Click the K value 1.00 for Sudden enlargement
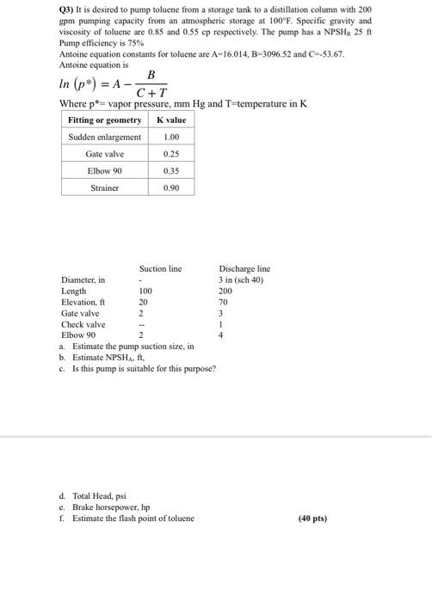click(x=170, y=138)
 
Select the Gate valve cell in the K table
click(x=105, y=154)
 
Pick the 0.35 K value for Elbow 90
click(x=170, y=170)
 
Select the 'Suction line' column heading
click(x=160, y=269)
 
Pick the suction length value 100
click(x=145, y=292)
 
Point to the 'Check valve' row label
click(x=83, y=324)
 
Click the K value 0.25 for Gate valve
click(x=170, y=154)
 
